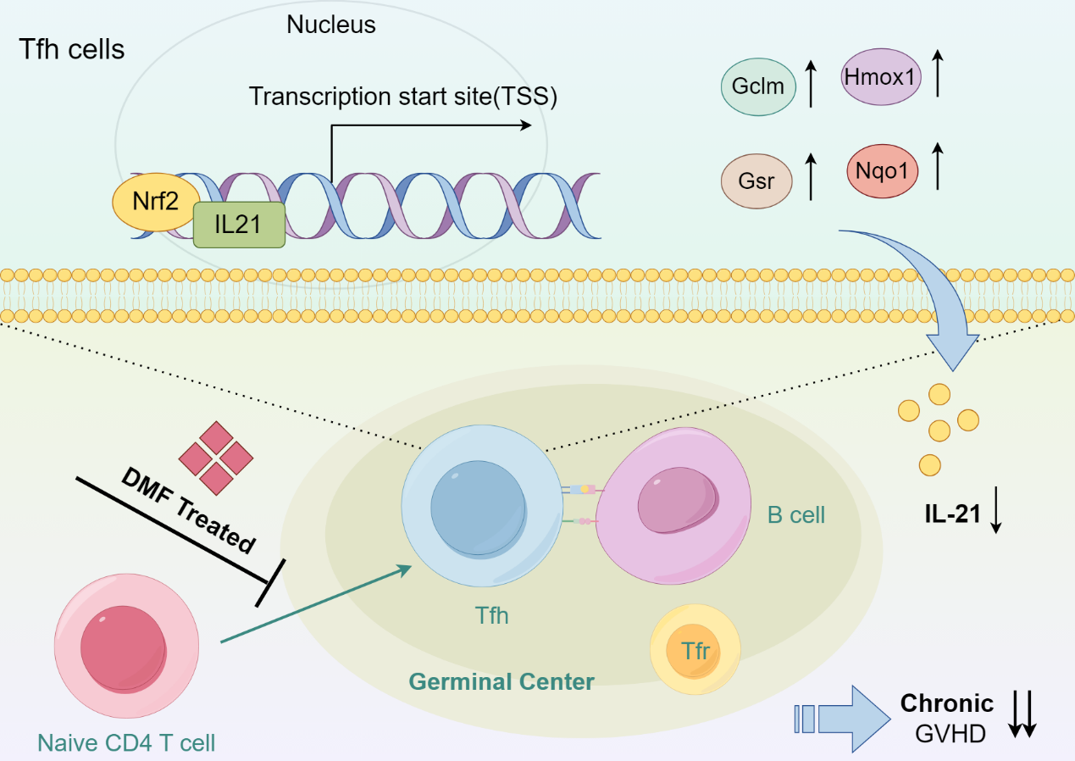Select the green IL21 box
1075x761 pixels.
[x=239, y=225]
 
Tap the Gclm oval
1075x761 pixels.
[x=758, y=86]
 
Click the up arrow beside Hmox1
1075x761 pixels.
[x=937, y=73]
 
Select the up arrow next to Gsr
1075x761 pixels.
[x=811, y=176]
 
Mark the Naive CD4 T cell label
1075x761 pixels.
[x=126, y=744]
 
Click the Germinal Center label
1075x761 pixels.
[x=501, y=680]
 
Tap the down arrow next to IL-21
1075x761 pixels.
[x=996, y=514]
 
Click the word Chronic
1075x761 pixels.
[x=946, y=703]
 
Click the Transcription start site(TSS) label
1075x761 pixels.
[x=402, y=97]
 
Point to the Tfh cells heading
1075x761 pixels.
[x=72, y=49]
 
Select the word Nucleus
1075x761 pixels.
[x=330, y=25]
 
